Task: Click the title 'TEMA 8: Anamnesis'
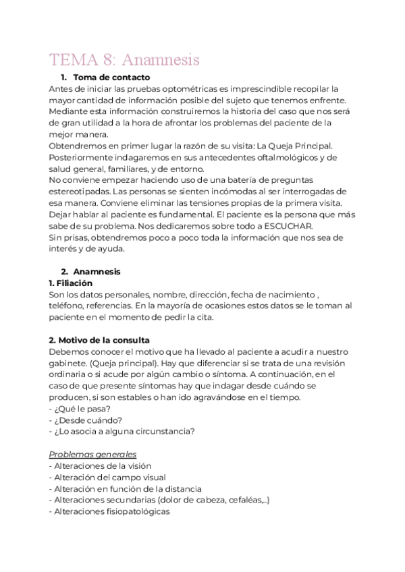pos(124,60)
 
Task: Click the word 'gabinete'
pos(70,363)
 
